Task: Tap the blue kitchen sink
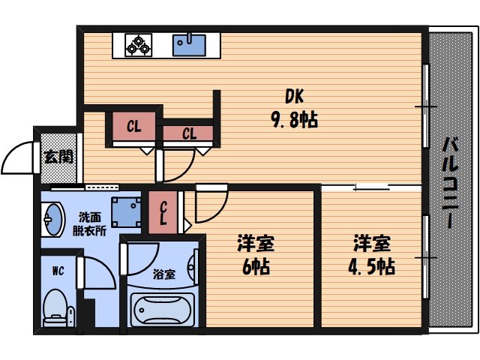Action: (x=190, y=45)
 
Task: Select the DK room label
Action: (x=293, y=97)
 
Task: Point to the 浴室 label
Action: (x=163, y=274)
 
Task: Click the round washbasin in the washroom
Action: (x=52, y=220)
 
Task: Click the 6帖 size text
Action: (x=256, y=265)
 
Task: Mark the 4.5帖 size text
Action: (x=373, y=265)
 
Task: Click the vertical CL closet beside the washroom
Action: (x=163, y=211)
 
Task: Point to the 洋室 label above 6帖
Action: (x=256, y=243)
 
